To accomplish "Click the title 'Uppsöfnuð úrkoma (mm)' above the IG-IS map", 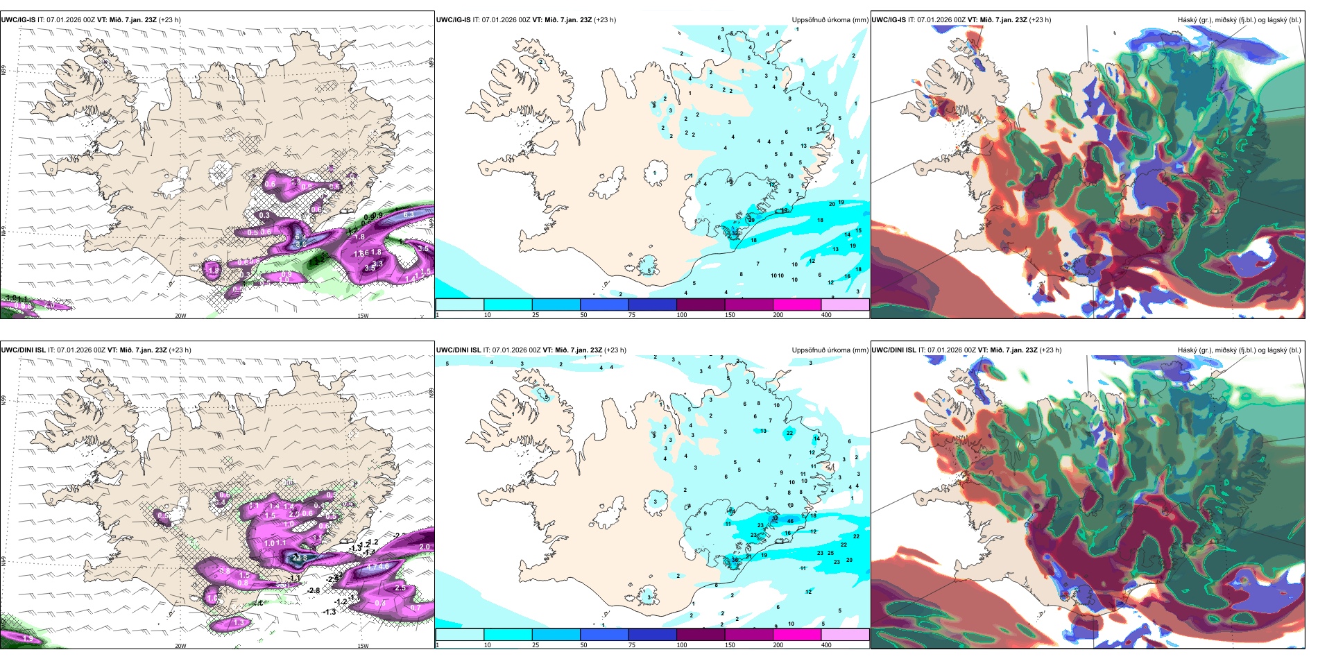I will [x=830, y=20].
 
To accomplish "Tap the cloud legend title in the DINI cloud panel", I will [x=1239, y=350].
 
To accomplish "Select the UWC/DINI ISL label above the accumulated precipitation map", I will [x=459, y=350].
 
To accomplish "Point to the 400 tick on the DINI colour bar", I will [x=825, y=645].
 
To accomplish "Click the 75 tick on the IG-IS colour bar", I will [x=632, y=315].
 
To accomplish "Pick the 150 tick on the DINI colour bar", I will [x=730, y=645].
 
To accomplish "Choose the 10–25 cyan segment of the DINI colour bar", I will [x=508, y=635].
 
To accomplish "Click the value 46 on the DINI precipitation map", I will [x=791, y=521].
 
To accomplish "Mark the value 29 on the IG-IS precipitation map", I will [x=751, y=220].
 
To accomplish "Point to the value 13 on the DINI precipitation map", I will [x=763, y=431].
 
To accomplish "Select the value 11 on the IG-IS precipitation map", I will [x=809, y=130].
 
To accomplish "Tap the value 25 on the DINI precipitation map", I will [x=830, y=554].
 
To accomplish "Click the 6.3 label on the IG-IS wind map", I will [x=409, y=215].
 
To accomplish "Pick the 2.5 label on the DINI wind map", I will [x=400, y=588].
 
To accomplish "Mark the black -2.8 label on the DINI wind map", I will [x=314, y=591].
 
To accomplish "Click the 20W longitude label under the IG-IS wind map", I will [x=180, y=316].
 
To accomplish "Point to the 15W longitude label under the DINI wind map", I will [x=363, y=646].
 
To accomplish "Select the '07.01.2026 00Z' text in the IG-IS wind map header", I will [x=71, y=20].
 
